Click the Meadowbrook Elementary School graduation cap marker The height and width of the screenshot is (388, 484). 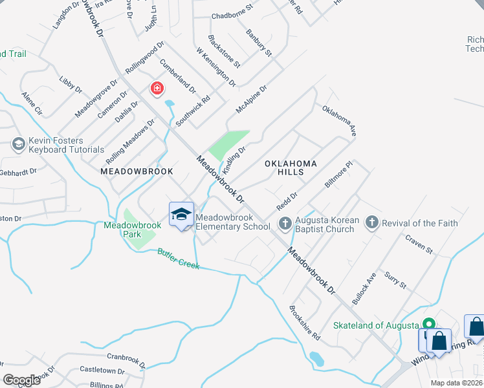182,214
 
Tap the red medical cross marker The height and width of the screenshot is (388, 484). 157,88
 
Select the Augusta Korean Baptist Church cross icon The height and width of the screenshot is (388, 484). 285,223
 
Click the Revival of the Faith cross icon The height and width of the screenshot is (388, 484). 371,223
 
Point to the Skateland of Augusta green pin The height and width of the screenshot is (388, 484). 428,324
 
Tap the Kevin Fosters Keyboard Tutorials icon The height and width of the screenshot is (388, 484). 18,144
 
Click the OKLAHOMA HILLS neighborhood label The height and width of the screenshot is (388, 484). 291,168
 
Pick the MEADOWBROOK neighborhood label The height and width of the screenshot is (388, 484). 137,171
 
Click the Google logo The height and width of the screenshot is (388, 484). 21,380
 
